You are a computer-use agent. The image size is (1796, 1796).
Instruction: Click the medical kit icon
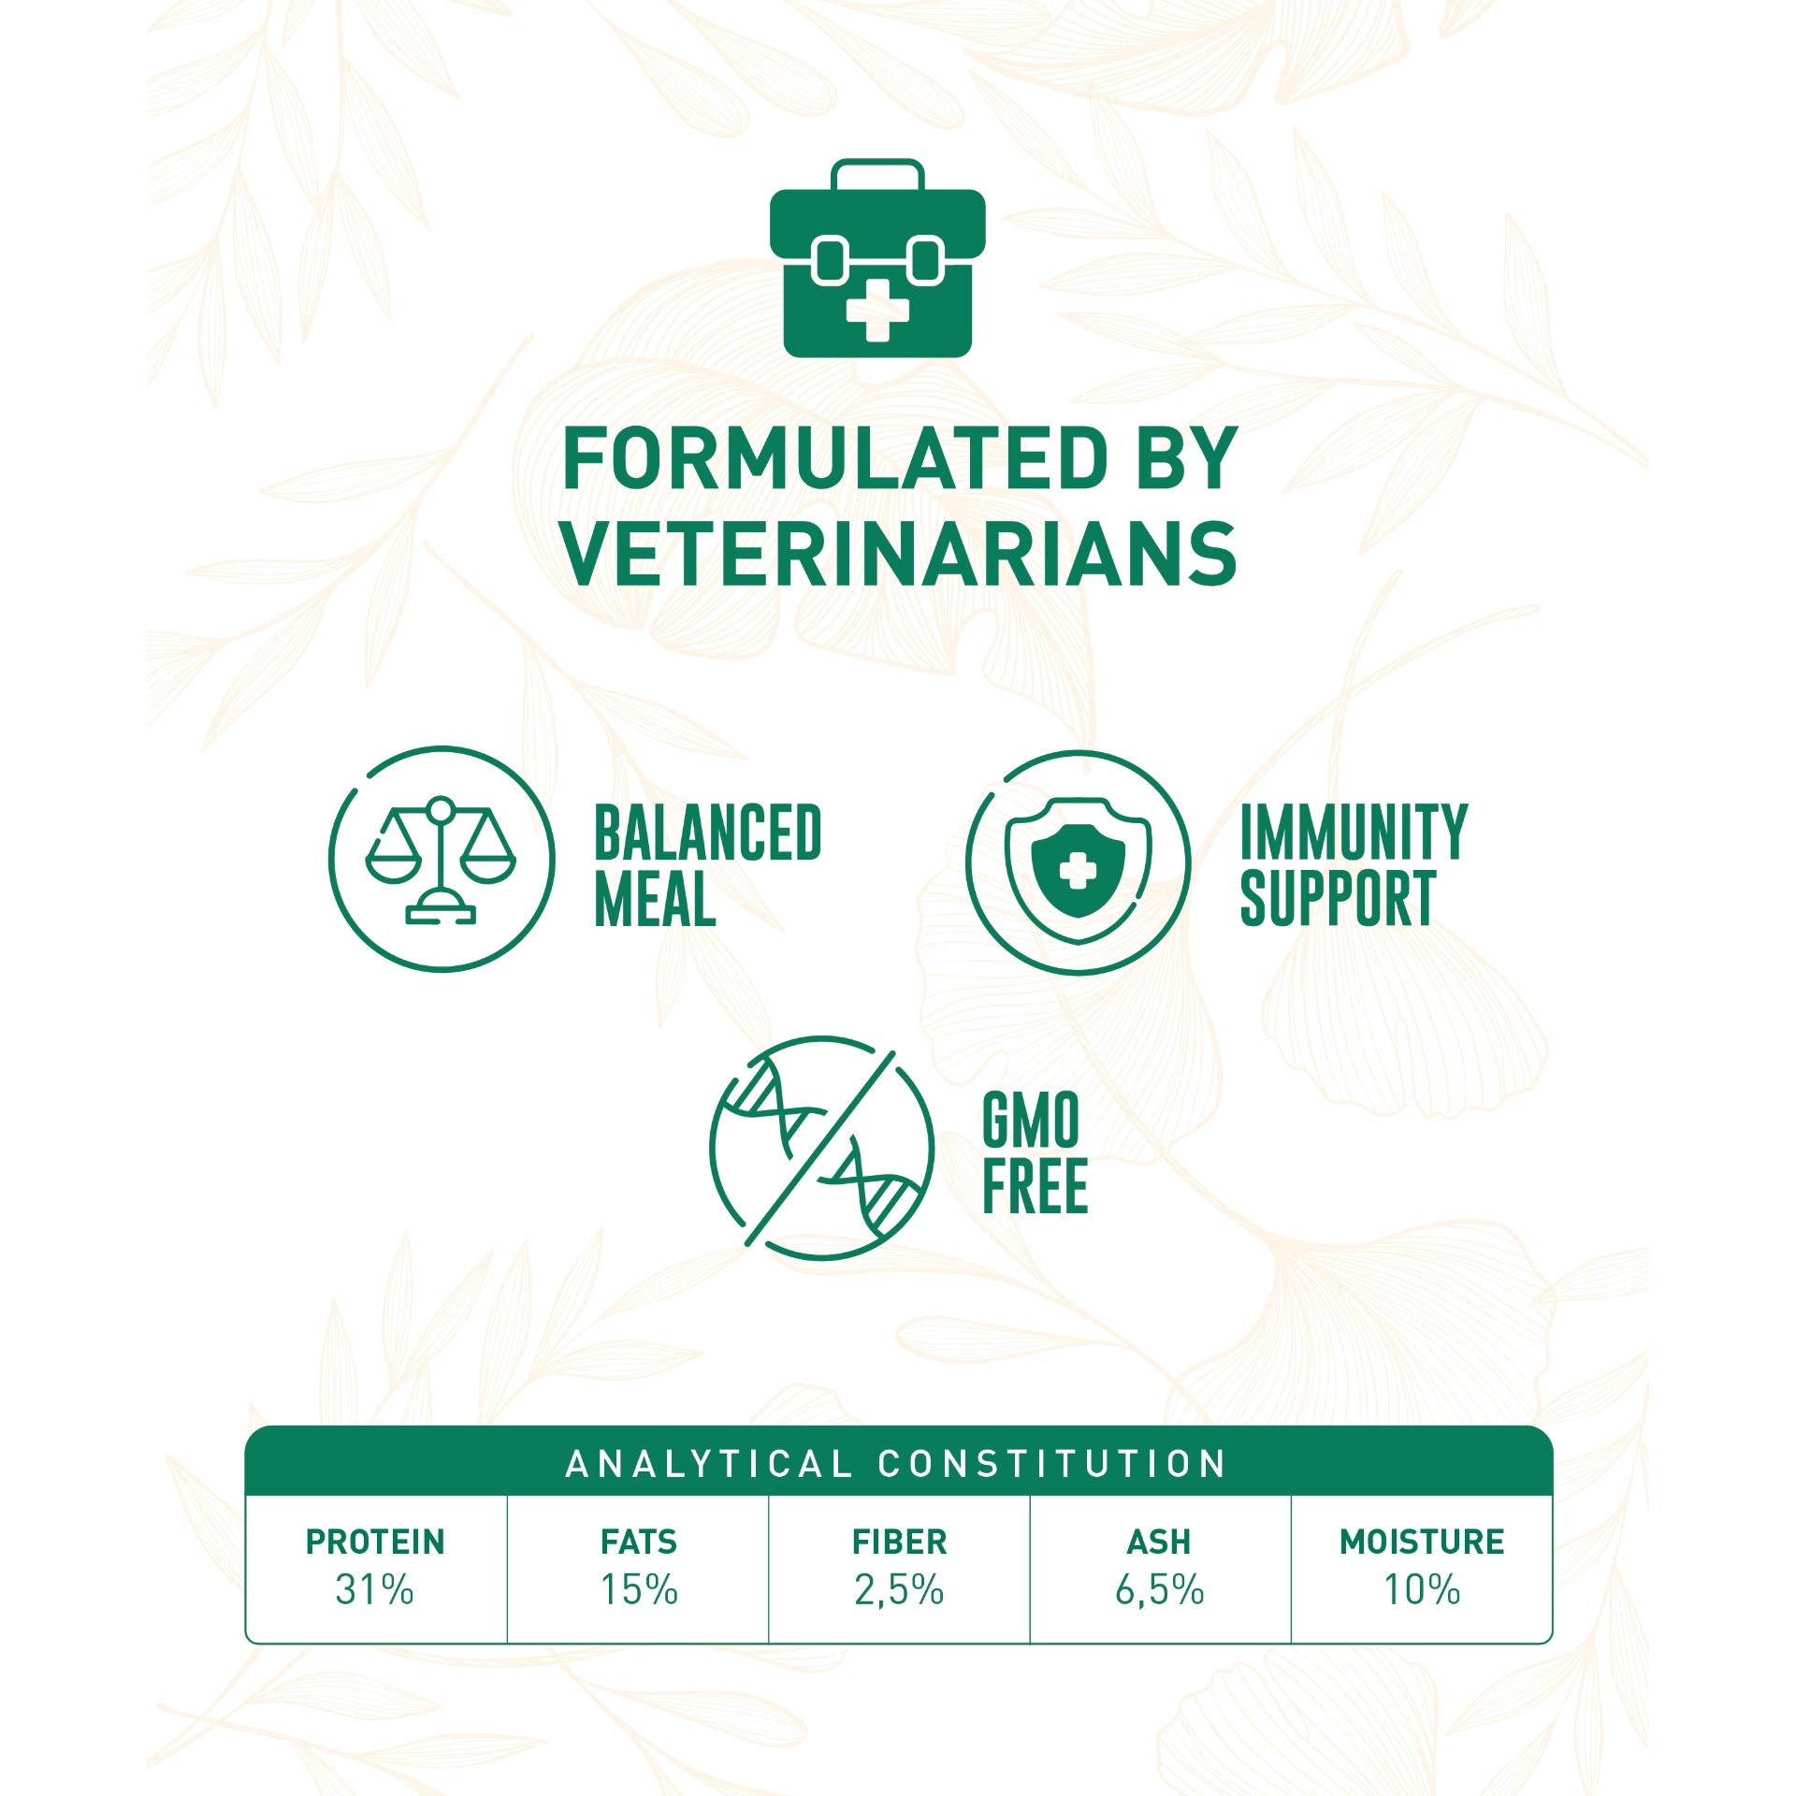coord(876,258)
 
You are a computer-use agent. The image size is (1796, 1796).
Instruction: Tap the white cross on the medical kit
coord(876,309)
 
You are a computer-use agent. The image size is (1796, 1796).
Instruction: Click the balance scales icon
coord(442,859)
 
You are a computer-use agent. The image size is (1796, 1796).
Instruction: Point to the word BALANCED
coord(708,833)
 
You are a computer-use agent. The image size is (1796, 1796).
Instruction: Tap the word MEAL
coord(655,898)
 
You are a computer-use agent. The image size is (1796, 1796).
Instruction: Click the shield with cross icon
coord(1078,862)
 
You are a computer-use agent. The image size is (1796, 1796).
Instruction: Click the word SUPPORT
coord(1338,898)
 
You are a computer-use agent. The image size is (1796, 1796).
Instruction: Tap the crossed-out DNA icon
coord(821,1148)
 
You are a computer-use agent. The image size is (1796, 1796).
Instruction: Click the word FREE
coord(1036,1185)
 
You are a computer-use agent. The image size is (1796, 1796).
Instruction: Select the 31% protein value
coord(375,1590)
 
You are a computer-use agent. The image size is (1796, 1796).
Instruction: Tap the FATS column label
coord(639,1542)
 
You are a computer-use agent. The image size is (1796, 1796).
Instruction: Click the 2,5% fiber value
coord(899,1590)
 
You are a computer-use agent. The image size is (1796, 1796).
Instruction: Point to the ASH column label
coord(1159,1542)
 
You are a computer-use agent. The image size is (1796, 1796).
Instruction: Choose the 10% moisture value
coord(1422,1590)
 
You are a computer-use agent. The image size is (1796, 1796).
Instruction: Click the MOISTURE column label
coord(1422,1542)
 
